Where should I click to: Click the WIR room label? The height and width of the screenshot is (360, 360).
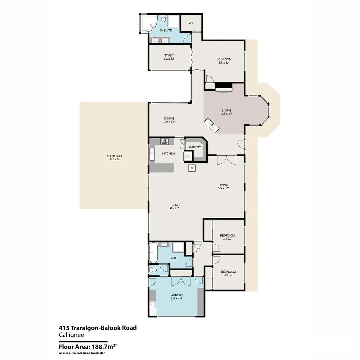[191, 23]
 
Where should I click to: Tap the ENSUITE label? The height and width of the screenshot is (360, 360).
[166, 30]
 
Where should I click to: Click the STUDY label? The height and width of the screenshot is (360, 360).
[169, 55]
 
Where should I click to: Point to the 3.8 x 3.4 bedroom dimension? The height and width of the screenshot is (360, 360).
[224, 62]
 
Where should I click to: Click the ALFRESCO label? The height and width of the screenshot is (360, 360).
[114, 156]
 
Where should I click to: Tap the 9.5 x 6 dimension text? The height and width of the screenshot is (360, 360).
[114, 159]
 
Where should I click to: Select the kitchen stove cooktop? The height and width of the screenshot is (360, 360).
[164, 141]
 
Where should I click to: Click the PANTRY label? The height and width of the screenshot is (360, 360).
[195, 147]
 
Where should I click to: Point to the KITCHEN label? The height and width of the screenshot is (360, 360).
[169, 154]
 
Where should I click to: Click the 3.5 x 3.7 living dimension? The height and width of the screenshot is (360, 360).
[227, 114]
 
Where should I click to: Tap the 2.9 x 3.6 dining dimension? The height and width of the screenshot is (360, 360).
[169, 122]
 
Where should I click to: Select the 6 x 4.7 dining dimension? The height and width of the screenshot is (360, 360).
[174, 208]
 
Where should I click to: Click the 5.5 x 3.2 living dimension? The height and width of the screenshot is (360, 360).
[223, 188]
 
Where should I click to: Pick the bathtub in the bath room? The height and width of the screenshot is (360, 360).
[153, 253]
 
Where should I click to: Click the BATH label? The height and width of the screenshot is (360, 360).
[173, 258]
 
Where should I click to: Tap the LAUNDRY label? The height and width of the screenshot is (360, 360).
[176, 295]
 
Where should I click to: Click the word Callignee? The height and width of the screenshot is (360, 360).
[71, 335]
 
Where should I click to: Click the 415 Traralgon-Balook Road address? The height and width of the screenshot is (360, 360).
[98, 328]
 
